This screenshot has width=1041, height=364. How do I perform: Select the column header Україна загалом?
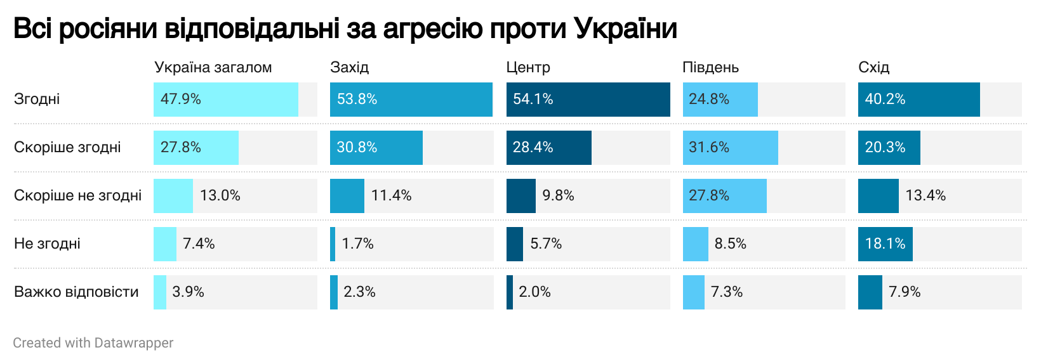point(213,67)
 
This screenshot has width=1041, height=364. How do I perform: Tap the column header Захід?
point(349,67)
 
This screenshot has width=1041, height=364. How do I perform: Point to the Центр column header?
point(528,67)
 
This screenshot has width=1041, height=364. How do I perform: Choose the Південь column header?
point(710,67)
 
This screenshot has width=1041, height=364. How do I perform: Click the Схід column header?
point(873,67)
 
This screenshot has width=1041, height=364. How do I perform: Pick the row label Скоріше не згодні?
point(77,195)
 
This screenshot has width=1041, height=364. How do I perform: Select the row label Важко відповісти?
point(76,292)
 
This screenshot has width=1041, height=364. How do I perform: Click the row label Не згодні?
point(47,244)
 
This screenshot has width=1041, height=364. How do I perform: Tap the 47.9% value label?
point(181,100)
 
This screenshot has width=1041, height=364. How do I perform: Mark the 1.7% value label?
point(357,244)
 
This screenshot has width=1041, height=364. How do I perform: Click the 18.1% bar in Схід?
point(885,244)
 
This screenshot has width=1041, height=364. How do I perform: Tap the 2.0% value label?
point(534,292)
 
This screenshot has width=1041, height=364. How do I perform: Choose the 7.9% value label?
point(905,292)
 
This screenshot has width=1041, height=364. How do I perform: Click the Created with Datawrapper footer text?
point(93,343)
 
